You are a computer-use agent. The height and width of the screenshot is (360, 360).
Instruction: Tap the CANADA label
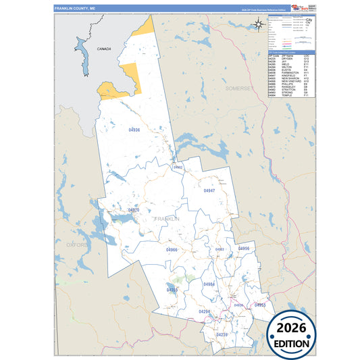104,49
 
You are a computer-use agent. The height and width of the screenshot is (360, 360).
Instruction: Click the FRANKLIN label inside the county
167,219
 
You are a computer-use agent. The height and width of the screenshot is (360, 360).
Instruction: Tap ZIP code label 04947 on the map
209,191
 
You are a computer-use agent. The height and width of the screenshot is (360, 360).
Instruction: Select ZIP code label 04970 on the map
133,211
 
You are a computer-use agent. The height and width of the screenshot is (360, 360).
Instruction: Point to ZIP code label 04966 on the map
172,250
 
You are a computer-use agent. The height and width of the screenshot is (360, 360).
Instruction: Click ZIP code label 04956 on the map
244,249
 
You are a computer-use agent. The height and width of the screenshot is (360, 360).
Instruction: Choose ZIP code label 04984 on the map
209,284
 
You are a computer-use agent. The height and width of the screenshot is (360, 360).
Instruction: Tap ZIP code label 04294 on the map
205,311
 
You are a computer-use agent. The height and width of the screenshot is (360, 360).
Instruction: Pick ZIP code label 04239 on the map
222,334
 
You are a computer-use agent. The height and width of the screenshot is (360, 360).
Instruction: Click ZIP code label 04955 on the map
260,305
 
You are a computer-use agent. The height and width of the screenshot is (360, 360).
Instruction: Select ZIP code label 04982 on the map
178,167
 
